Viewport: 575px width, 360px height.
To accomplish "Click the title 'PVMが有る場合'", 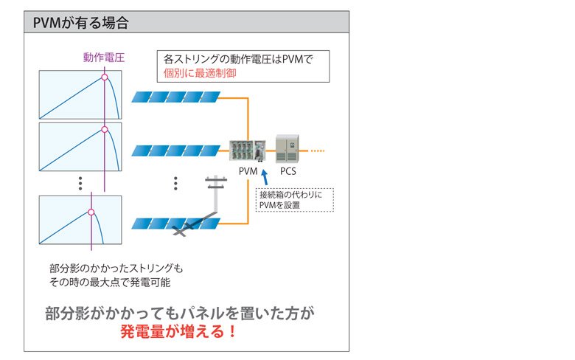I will pyautogui.click(x=81, y=23).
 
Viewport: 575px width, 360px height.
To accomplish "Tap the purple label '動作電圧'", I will pyautogui.click(x=104, y=58).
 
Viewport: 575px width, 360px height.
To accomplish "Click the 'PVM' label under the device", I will pyautogui.click(x=248, y=171).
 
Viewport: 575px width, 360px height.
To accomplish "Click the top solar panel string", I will pyautogui.click(x=175, y=97).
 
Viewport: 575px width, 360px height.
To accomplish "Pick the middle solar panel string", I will pyautogui.click(x=175, y=151).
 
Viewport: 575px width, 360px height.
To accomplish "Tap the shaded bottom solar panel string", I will pyautogui.click(x=175, y=223).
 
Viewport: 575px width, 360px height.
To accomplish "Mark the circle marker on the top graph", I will pyautogui.click(x=105, y=77).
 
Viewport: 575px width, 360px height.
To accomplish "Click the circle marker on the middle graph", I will pyautogui.click(x=105, y=130).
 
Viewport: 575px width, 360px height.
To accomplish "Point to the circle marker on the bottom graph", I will pyautogui.click(x=91, y=212).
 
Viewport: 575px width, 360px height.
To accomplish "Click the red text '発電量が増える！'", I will pyautogui.click(x=179, y=331).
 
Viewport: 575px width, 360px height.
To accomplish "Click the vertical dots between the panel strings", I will pyautogui.click(x=175, y=182).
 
